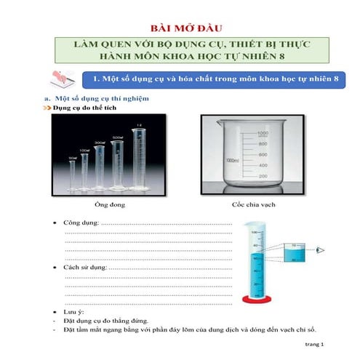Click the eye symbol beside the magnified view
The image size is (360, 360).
(x=321, y=250)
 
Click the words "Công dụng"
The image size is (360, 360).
(x=79, y=221)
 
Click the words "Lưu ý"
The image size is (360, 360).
(x=73, y=311)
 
